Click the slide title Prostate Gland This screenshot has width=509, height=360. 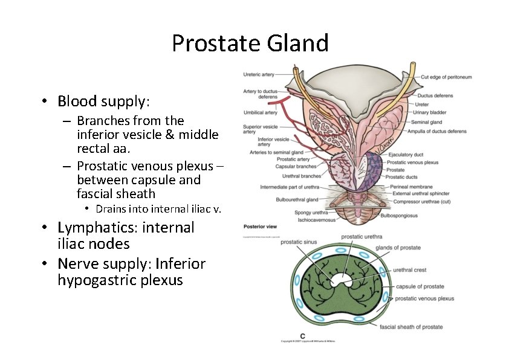(x=250, y=43)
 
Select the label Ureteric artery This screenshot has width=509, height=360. (x=259, y=75)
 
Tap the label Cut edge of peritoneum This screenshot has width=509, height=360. (x=446, y=77)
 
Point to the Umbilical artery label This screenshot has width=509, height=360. (x=260, y=112)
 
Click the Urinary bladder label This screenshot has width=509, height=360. (x=429, y=112)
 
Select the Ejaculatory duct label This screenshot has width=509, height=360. (x=406, y=155)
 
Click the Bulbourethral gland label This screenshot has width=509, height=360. (x=297, y=199)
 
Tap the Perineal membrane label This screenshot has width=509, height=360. (x=412, y=187)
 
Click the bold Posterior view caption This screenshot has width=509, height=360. (x=260, y=227)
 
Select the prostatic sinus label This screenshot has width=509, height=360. (x=299, y=242)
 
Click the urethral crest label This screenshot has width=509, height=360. (x=410, y=270)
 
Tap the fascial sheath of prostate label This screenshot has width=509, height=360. (x=411, y=327)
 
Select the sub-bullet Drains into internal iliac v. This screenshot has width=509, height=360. (x=158, y=209)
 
